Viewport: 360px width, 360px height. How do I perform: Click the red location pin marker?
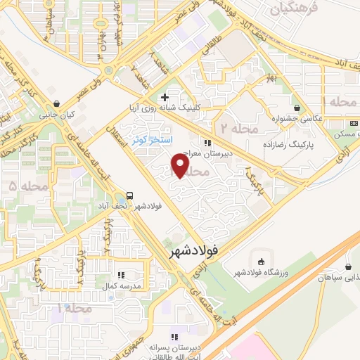point(180,165)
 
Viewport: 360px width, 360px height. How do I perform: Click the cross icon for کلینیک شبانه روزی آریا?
point(165,98)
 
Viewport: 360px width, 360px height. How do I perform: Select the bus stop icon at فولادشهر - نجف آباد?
point(129,195)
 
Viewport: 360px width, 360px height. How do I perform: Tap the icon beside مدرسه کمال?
point(121,275)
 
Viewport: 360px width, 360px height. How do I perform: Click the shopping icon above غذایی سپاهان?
point(349,266)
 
